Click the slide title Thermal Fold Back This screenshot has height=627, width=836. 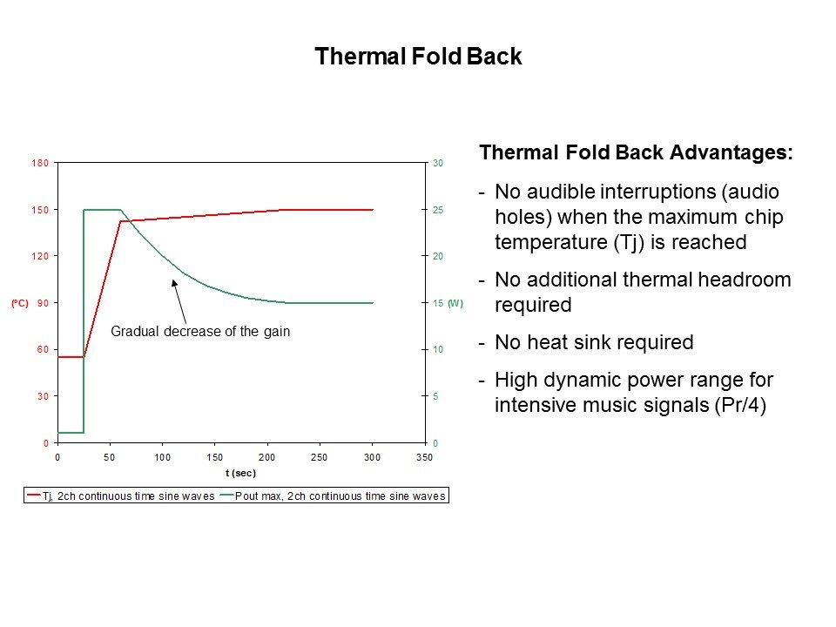click(x=418, y=57)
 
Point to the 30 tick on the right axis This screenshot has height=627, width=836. click(x=439, y=163)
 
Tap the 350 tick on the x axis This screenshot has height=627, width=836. click(x=425, y=456)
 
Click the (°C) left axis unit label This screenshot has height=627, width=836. click(x=20, y=303)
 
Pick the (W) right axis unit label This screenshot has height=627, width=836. click(x=455, y=303)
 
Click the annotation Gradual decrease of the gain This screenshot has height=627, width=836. click(x=200, y=332)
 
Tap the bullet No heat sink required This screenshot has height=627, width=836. click(x=594, y=343)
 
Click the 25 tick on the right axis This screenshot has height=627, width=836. click(x=439, y=210)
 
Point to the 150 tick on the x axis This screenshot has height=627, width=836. click(x=215, y=456)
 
